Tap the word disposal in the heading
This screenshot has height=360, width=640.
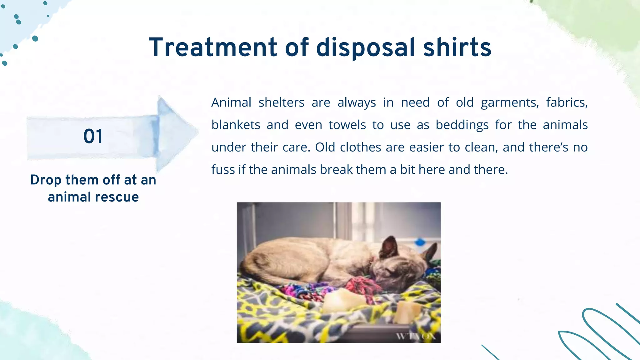(x=365, y=47)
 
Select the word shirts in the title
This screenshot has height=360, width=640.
(x=457, y=47)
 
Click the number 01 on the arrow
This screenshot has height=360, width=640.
(x=93, y=137)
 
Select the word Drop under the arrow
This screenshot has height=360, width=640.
(x=46, y=180)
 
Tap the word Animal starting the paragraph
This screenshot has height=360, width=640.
(x=231, y=102)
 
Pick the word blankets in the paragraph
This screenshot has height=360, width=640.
(x=236, y=125)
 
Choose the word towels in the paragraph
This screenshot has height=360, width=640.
(x=347, y=125)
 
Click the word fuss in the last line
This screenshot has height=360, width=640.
(x=222, y=170)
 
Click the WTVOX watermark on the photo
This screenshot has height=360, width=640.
(x=416, y=336)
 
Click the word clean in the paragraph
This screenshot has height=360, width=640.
(x=481, y=147)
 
